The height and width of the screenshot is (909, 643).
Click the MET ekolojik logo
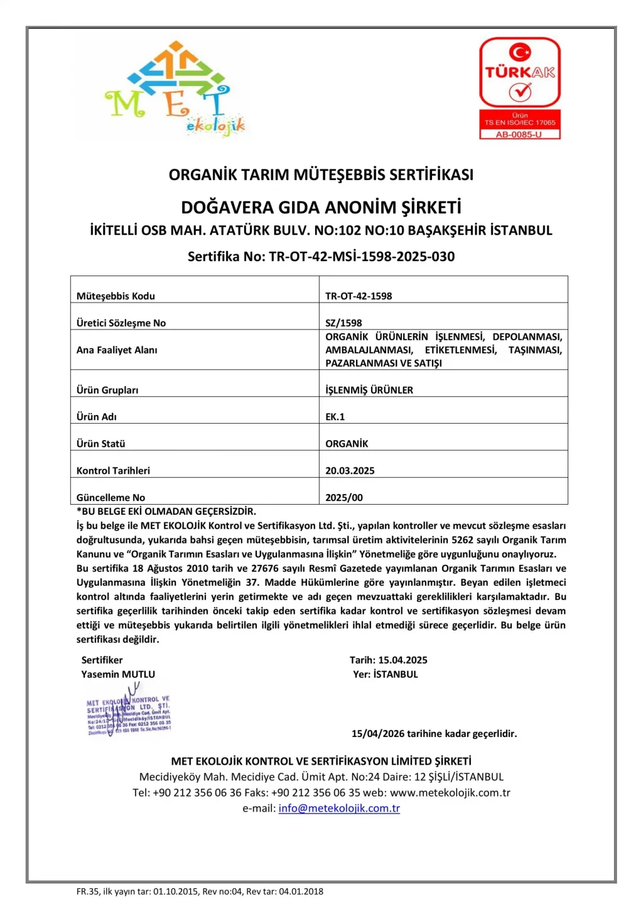[175, 89]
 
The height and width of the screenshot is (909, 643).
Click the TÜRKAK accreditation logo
[519, 88]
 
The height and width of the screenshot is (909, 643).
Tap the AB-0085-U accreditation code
[519, 134]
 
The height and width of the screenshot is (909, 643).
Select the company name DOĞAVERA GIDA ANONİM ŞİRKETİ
[321, 207]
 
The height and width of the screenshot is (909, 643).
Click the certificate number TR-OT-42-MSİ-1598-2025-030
[361, 256]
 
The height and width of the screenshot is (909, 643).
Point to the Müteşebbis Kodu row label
[116, 296]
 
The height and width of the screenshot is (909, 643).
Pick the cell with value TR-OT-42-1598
[359, 296]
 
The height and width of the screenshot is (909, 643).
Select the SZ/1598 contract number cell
[343, 323]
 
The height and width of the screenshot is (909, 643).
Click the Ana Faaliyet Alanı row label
[117, 350]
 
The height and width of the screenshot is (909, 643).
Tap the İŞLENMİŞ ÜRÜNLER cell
[369, 390]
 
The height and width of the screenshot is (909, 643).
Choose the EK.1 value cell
[335, 416]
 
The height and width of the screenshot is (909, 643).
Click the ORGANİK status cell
[347, 443]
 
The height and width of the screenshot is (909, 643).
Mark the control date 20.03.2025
[350, 470]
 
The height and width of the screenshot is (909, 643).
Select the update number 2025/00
[344, 497]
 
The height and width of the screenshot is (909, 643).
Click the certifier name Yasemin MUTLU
[118, 674]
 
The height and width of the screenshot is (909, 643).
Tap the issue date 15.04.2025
[403, 660]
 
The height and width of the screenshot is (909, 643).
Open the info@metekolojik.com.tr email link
[339, 809]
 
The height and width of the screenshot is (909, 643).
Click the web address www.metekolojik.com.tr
[450, 793]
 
